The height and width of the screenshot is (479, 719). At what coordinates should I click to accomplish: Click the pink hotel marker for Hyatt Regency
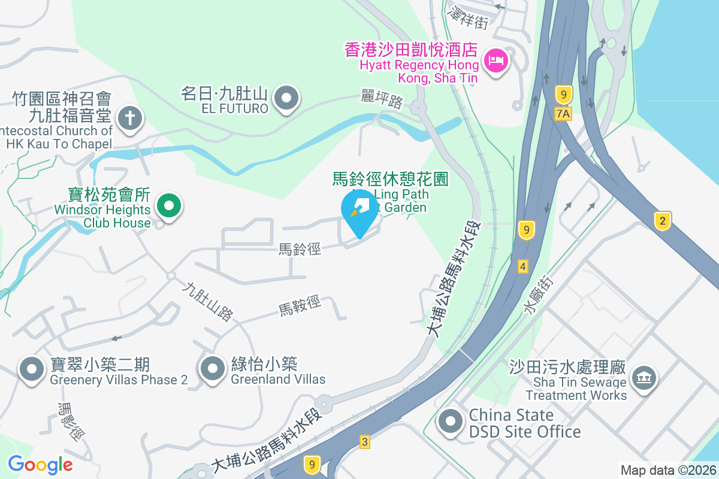coord(496,60)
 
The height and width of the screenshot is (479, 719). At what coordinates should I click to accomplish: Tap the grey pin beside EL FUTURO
coord(286,98)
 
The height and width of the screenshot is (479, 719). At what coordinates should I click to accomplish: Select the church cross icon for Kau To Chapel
coord(129,117)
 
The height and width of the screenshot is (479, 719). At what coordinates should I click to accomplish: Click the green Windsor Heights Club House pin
coord(169,207)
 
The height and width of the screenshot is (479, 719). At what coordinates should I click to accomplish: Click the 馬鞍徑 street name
coord(300,308)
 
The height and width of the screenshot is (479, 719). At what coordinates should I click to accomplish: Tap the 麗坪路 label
coord(382,99)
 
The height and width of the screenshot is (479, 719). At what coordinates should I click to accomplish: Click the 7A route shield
coord(563,114)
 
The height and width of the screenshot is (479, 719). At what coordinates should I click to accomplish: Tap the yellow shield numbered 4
coord(523,266)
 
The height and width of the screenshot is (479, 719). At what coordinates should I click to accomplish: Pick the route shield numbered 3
coord(365,442)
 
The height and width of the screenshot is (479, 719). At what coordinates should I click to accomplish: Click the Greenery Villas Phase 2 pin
coord(31,369)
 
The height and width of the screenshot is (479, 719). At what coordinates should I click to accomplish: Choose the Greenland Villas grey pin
coord(212,369)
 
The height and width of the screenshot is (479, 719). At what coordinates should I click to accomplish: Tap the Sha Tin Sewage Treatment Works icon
coord(644,378)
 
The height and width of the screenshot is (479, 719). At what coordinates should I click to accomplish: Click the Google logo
coord(40,464)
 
